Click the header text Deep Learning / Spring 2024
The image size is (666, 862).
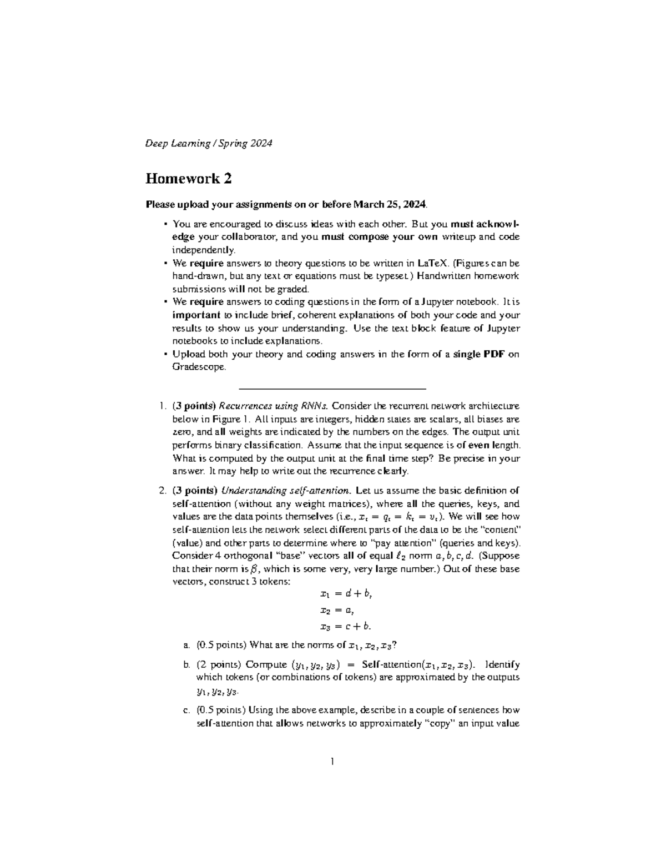(x=209, y=144)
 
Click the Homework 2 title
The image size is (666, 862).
(x=188, y=179)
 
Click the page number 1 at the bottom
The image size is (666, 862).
(x=332, y=762)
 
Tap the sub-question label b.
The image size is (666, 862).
(x=185, y=665)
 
